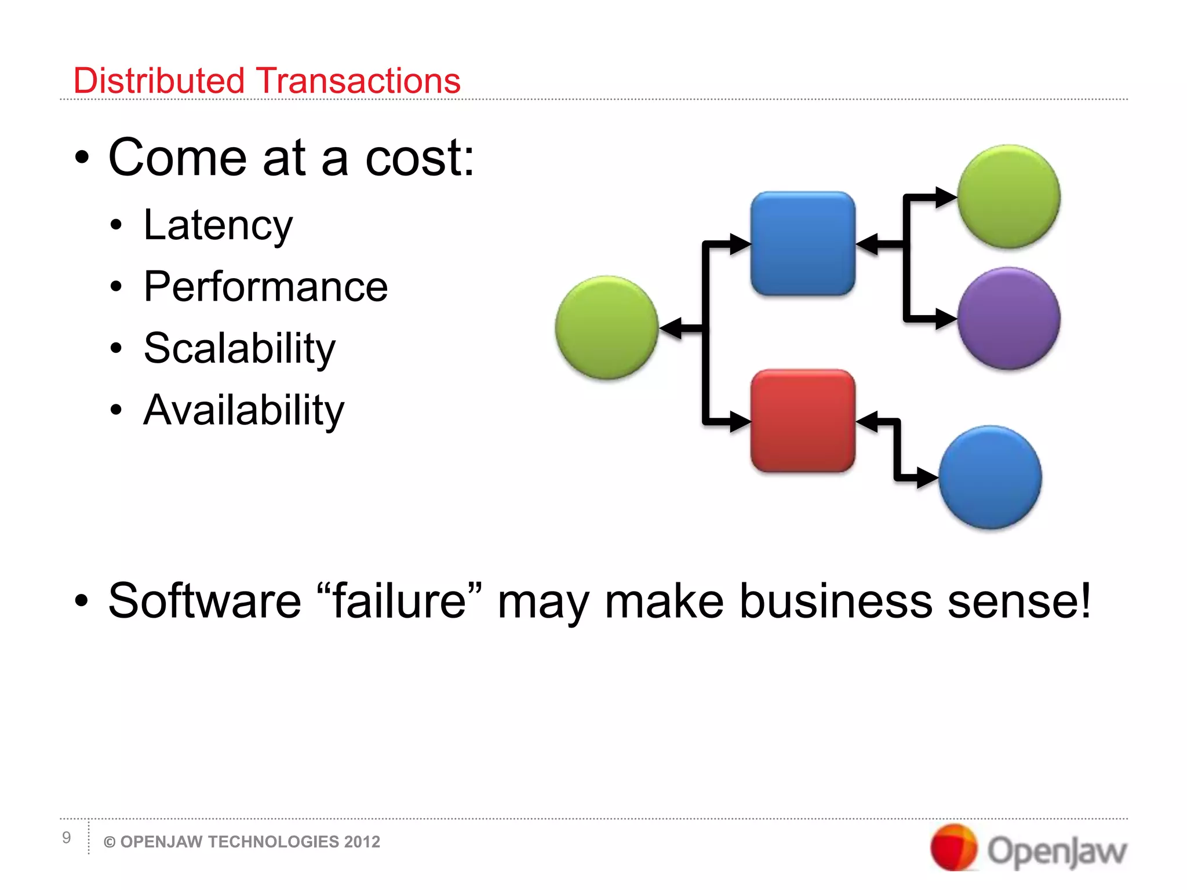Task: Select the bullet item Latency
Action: [x=218, y=225]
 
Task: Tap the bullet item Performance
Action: [x=265, y=287]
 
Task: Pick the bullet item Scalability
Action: [x=239, y=349]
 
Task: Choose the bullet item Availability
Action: [x=243, y=410]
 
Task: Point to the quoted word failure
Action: [x=399, y=601]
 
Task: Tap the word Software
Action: [x=205, y=601]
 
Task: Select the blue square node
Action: [x=803, y=243]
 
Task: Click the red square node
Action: [x=803, y=421]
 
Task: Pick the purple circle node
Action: [x=1008, y=318]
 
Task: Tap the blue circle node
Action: [x=990, y=477]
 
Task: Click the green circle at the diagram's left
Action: [x=606, y=327]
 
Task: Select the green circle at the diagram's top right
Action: [x=1008, y=196]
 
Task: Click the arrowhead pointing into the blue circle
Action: [x=927, y=478]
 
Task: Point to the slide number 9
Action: [x=67, y=837]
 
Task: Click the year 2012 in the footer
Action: [x=362, y=842]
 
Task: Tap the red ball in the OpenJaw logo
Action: [x=953, y=847]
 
